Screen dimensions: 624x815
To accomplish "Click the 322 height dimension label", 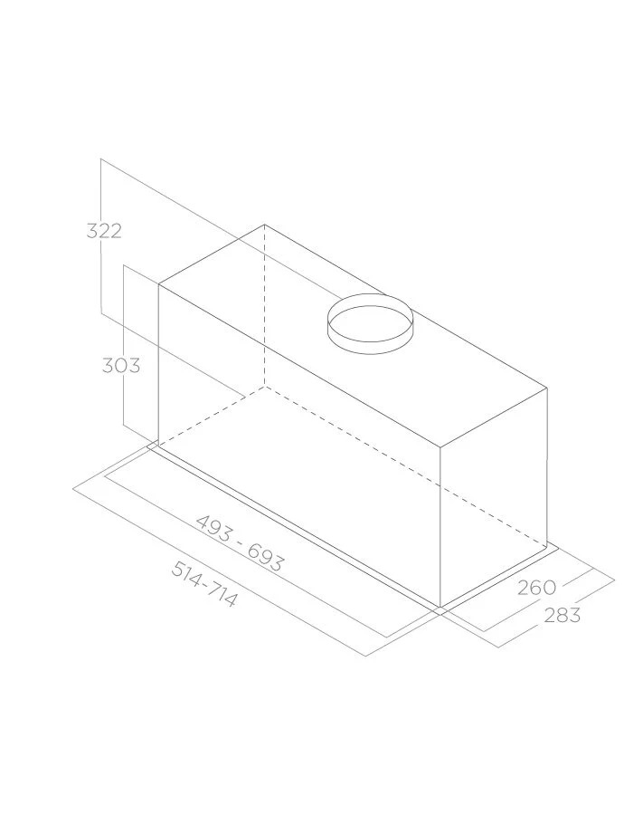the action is click(104, 231).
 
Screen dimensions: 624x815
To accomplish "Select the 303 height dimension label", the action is click(121, 366).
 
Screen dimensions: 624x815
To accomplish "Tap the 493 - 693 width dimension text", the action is click(241, 543).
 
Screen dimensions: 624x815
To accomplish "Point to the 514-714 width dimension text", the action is click(204, 584).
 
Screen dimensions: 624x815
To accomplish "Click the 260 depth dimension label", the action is click(537, 588).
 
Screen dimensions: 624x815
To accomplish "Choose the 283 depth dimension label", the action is click(563, 615).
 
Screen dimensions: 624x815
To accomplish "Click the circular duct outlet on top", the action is click(370, 324).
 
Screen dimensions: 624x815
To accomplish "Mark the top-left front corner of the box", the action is click(158, 284).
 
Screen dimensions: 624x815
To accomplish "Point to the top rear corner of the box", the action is click(264, 225).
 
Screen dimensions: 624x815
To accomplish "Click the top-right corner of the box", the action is click(547, 388).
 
